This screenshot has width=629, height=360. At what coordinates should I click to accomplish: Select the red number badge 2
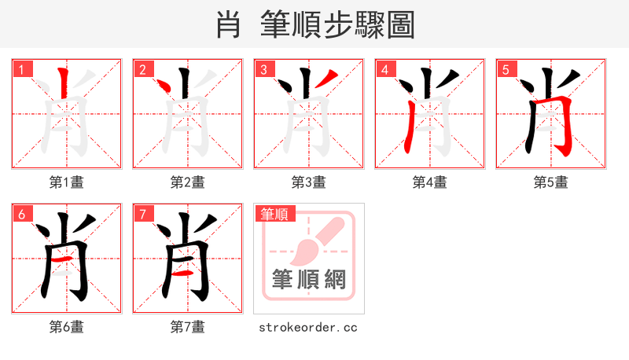pyautogui.click(x=143, y=70)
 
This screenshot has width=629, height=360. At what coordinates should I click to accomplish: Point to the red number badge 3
pyautogui.click(x=264, y=70)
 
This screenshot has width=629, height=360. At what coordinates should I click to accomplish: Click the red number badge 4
pyautogui.click(x=385, y=70)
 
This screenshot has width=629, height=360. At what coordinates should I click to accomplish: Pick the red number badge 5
pyautogui.click(x=506, y=70)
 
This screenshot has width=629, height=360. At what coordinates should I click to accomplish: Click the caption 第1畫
pyautogui.click(x=67, y=182)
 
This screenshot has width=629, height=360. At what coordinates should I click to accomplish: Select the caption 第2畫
pyautogui.click(x=188, y=182)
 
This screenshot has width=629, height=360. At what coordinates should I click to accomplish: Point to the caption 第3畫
pyautogui.click(x=309, y=182)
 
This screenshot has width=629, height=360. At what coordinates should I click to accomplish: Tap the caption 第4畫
pyautogui.click(x=430, y=182)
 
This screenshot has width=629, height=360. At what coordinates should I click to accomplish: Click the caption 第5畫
pyautogui.click(x=551, y=182)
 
